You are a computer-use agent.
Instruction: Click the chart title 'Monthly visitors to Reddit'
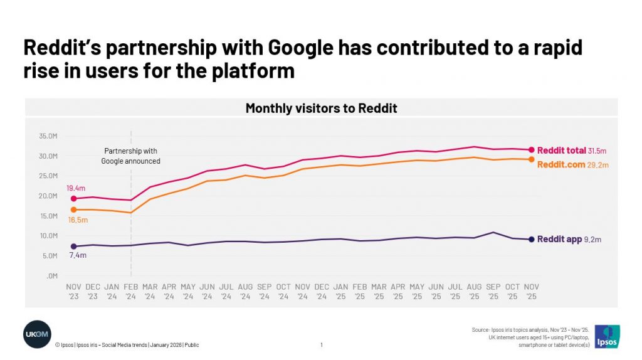321,109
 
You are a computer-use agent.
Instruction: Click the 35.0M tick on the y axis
48,135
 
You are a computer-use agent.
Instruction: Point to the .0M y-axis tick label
53,276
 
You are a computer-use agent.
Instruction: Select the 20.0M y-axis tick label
48,196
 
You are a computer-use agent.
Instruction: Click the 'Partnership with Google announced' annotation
131,156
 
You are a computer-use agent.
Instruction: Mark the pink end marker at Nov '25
532,150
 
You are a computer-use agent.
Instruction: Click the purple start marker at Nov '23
74,246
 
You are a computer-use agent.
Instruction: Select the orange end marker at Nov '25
532,159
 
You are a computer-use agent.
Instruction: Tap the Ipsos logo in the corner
606,336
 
